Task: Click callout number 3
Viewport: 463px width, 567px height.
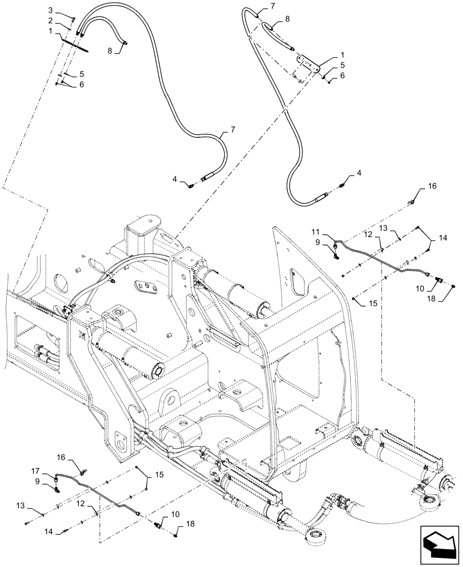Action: pyautogui.click(x=50, y=11)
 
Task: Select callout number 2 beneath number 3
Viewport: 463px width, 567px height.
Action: pyautogui.click(x=50, y=20)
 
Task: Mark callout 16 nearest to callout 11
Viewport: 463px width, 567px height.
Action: pyautogui.click(x=432, y=185)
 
